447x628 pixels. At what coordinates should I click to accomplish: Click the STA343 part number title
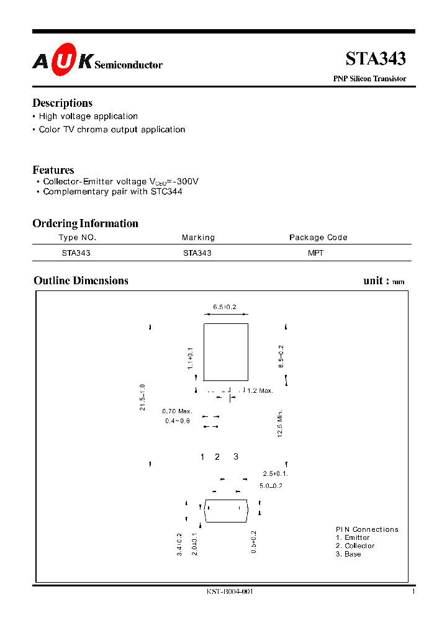point(375,59)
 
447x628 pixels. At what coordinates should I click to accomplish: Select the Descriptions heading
point(62,103)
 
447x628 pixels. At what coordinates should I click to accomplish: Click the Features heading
point(53,170)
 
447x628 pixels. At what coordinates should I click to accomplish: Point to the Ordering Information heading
point(85,223)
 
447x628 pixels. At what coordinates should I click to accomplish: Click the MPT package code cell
point(315,253)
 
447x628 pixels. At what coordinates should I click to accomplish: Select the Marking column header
point(198,238)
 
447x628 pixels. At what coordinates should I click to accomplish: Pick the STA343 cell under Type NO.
point(76,253)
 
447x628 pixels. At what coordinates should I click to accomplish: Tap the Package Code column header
point(318,238)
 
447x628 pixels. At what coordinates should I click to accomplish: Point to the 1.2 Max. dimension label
point(260,390)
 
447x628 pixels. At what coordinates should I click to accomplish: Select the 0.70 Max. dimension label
point(177,411)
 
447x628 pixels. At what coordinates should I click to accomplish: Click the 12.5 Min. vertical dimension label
point(281,424)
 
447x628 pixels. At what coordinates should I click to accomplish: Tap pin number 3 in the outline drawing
point(236,457)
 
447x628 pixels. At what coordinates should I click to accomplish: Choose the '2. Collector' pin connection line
point(355,546)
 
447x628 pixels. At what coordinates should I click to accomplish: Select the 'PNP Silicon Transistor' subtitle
point(370,79)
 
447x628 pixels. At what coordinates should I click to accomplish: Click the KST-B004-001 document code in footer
point(230,592)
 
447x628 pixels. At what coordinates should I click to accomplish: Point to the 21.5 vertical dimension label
point(142,397)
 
